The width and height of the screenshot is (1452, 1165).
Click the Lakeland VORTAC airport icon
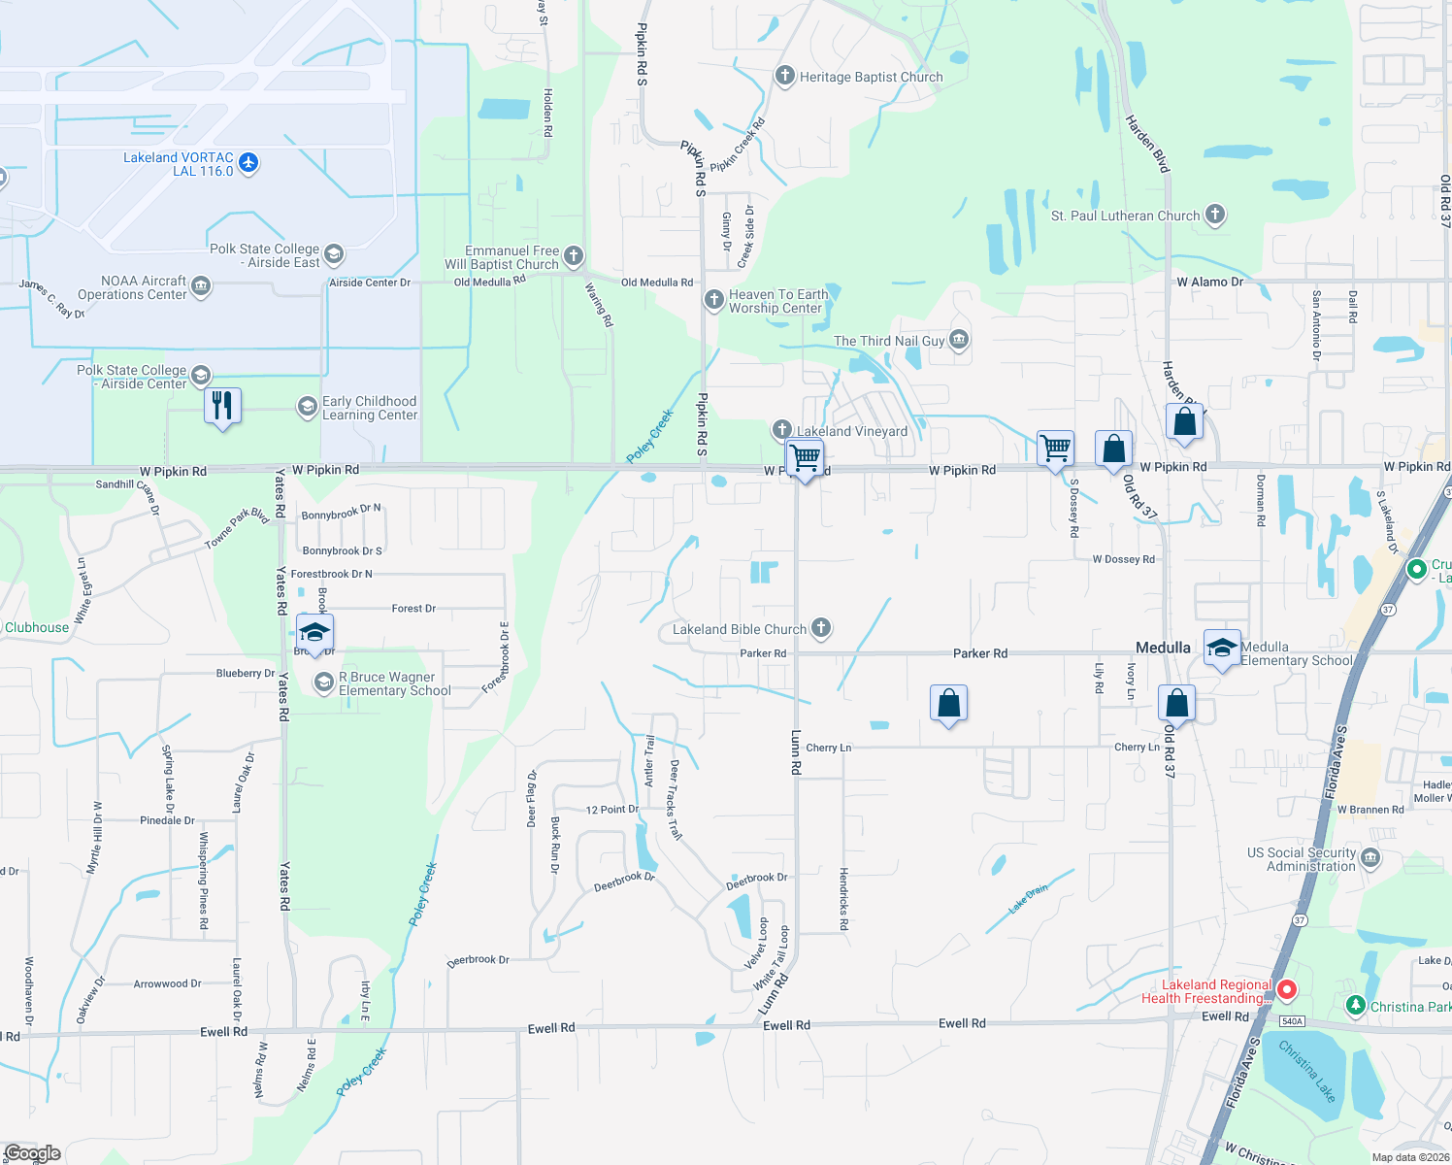pyautogui.click(x=248, y=162)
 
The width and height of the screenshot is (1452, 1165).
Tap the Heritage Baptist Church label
pyautogui.click(x=871, y=77)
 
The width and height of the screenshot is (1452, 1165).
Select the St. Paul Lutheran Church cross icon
pyautogui.click(x=1215, y=215)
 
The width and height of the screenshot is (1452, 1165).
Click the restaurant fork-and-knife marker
pyautogui.click(x=222, y=405)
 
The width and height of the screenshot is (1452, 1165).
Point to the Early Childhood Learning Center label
pyautogui.click(x=370, y=408)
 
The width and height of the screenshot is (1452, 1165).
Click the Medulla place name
pyautogui.click(x=1163, y=648)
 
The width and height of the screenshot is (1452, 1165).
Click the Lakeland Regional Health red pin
pyautogui.click(x=1287, y=990)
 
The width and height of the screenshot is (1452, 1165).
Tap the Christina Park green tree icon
pyautogui.click(x=1357, y=1006)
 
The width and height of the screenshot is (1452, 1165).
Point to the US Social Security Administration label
pyautogui.click(x=1302, y=859)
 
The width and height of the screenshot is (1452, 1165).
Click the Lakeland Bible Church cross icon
pyautogui.click(x=821, y=628)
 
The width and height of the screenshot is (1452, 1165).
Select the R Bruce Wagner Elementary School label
pyautogui.click(x=394, y=683)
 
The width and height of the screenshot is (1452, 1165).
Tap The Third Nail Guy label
pyautogui.click(x=889, y=341)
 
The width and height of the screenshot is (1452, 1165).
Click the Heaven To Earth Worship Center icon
pyautogui.click(x=714, y=299)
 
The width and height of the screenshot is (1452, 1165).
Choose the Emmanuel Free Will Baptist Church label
pyautogui.click(x=503, y=257)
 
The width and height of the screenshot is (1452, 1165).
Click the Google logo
pyautogui.click(x=33, y=1153)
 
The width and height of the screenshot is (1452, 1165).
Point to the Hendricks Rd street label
pyautogui.click(x=843, y=899)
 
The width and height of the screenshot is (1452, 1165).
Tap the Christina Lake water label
pyautogui.click(x=1306, y=1071)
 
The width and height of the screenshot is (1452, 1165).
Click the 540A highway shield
pyautogui.click(x=1292, y=1021)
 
